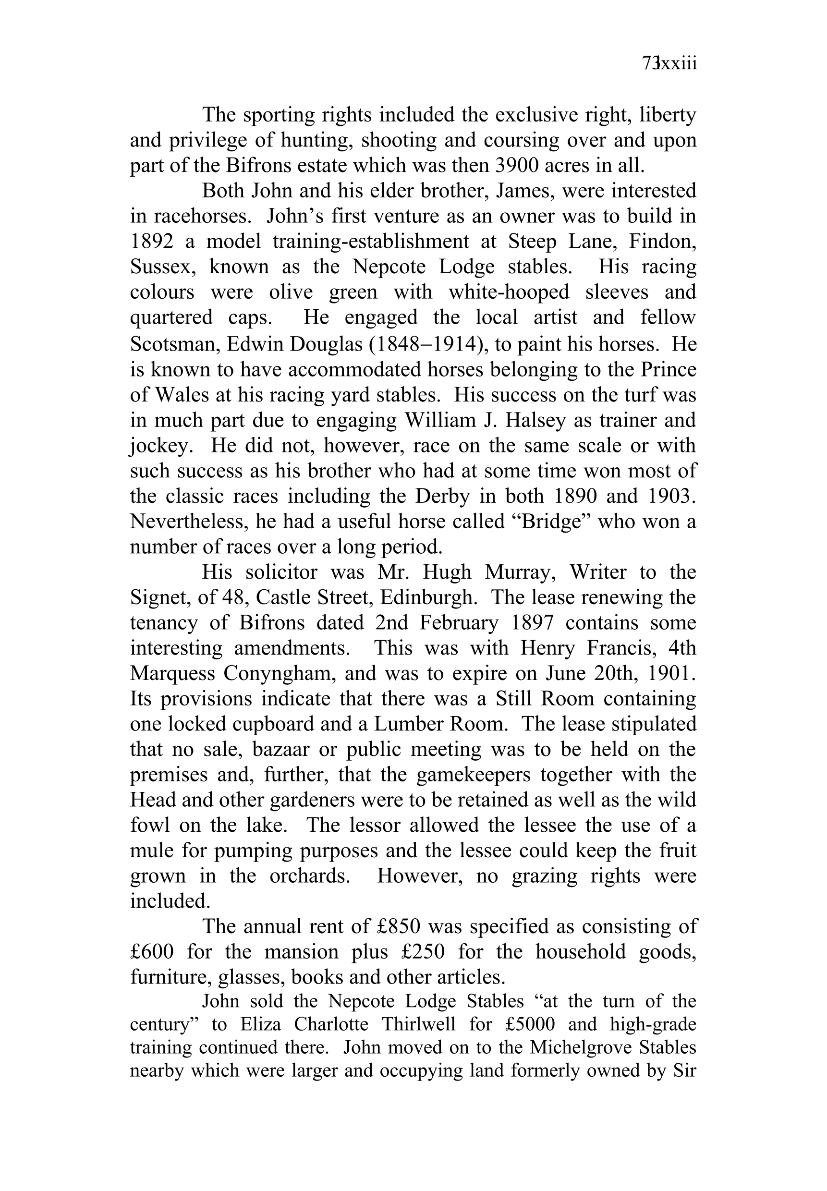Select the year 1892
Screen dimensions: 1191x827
tap(152, 242)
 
